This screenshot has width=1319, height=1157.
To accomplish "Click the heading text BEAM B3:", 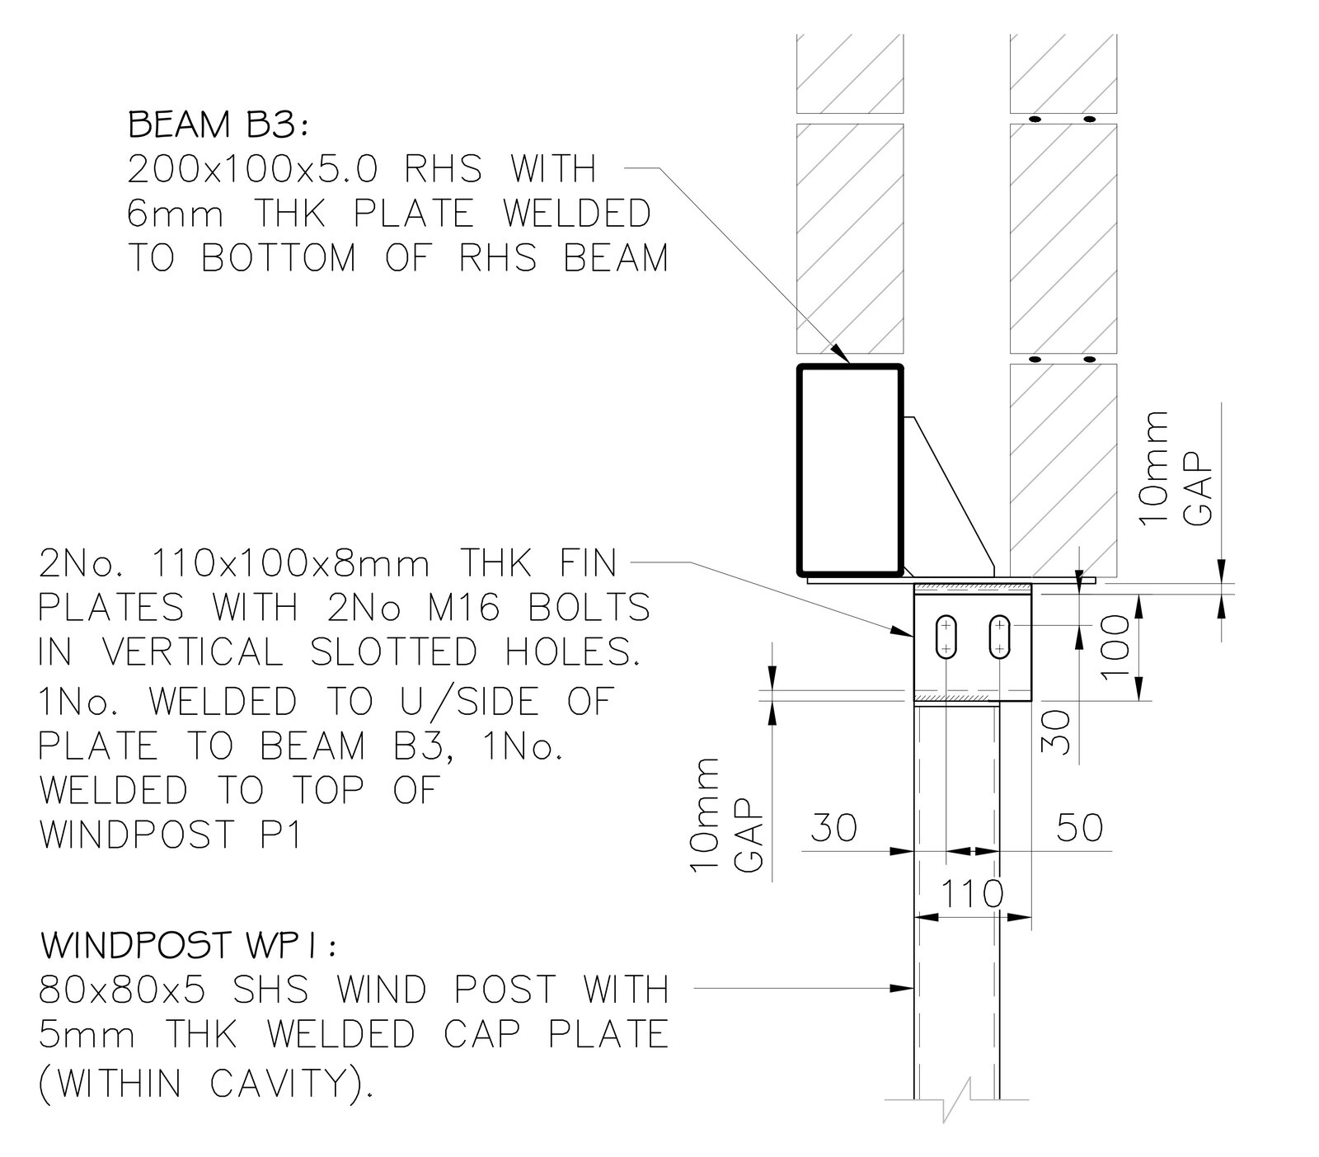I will tap(218, 126).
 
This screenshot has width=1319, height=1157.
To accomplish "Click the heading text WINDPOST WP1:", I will tap(188, 946).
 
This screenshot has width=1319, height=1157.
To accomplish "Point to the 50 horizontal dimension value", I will tap(1079, 827).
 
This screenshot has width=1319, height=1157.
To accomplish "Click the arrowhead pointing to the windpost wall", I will tap(907, 986).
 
